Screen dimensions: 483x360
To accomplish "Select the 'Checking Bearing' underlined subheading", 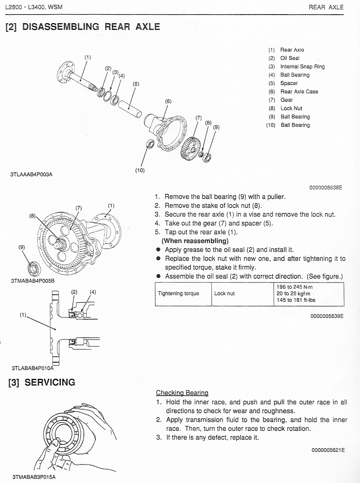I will [182, 393].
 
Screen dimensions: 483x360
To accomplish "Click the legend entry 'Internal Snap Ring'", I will [302, 67].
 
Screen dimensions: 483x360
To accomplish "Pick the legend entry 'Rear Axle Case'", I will [299, 92].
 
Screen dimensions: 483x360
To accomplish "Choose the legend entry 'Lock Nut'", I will [291, 108].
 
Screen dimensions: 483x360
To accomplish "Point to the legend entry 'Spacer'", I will [289, 83].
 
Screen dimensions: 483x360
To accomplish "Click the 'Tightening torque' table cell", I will [178, 293].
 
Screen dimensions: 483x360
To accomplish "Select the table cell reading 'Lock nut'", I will [224, 293].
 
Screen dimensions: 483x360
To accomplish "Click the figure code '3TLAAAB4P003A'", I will [31, 174].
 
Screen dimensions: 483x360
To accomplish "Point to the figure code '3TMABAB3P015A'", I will [34, 477].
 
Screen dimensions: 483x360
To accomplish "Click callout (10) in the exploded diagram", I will [140, 170].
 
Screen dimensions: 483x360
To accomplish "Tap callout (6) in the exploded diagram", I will [168, 101].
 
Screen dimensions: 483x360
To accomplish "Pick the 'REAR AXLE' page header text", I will [326, 7].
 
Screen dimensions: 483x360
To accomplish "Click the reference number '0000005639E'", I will [327, 316].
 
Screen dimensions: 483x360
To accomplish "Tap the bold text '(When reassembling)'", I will [195, 241].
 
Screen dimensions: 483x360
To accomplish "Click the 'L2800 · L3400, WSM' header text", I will [33, 7].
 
